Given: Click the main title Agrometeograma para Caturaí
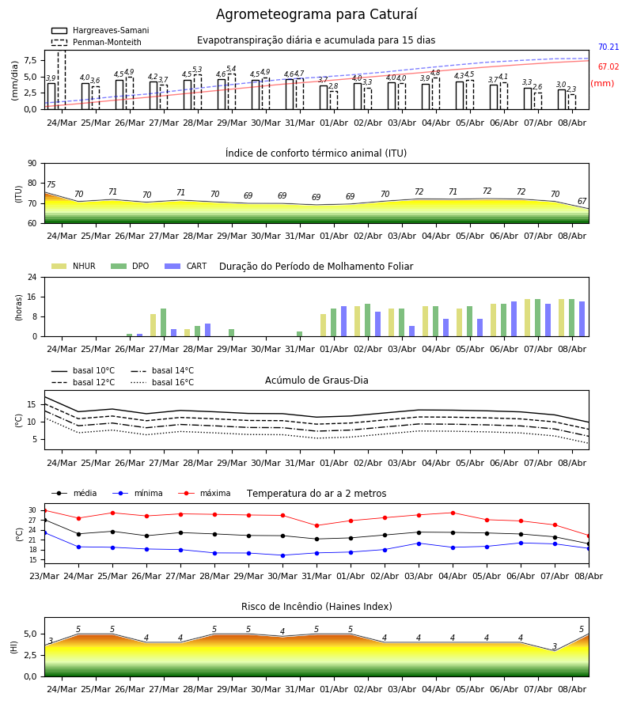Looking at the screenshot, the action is (x=316, y=14).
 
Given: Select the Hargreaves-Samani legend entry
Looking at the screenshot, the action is (x=100, y=30).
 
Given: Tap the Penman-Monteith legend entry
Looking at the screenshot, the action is (x=97, y=42).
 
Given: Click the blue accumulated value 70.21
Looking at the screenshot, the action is (x=608, y=47).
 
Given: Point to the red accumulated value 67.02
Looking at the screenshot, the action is (x=608, y=66).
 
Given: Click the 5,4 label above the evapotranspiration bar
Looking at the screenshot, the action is (x=231, y=69).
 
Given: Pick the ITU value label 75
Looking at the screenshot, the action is (x=51, y=184).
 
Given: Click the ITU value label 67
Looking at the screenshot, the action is (x=582, y=201).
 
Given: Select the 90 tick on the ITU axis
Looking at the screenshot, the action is (x=32, y=164).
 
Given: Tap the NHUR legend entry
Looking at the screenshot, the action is (x=74, y=266).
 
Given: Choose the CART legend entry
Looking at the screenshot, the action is (x=186, y=266).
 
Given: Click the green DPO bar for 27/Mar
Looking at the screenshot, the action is (x=164, y=323).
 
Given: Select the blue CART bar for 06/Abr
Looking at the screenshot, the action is (x=514, y=319).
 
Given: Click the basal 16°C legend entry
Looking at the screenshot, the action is (x=162, y=382).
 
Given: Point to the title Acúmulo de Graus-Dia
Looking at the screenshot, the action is (x=316, y=381).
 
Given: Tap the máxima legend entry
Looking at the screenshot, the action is (x=204, y=493).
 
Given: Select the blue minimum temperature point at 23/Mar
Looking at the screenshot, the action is (x=44, y=532).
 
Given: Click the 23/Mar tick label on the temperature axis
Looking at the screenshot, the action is (x=44, y=576).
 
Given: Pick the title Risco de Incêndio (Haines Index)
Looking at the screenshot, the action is (x=316, y=607).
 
